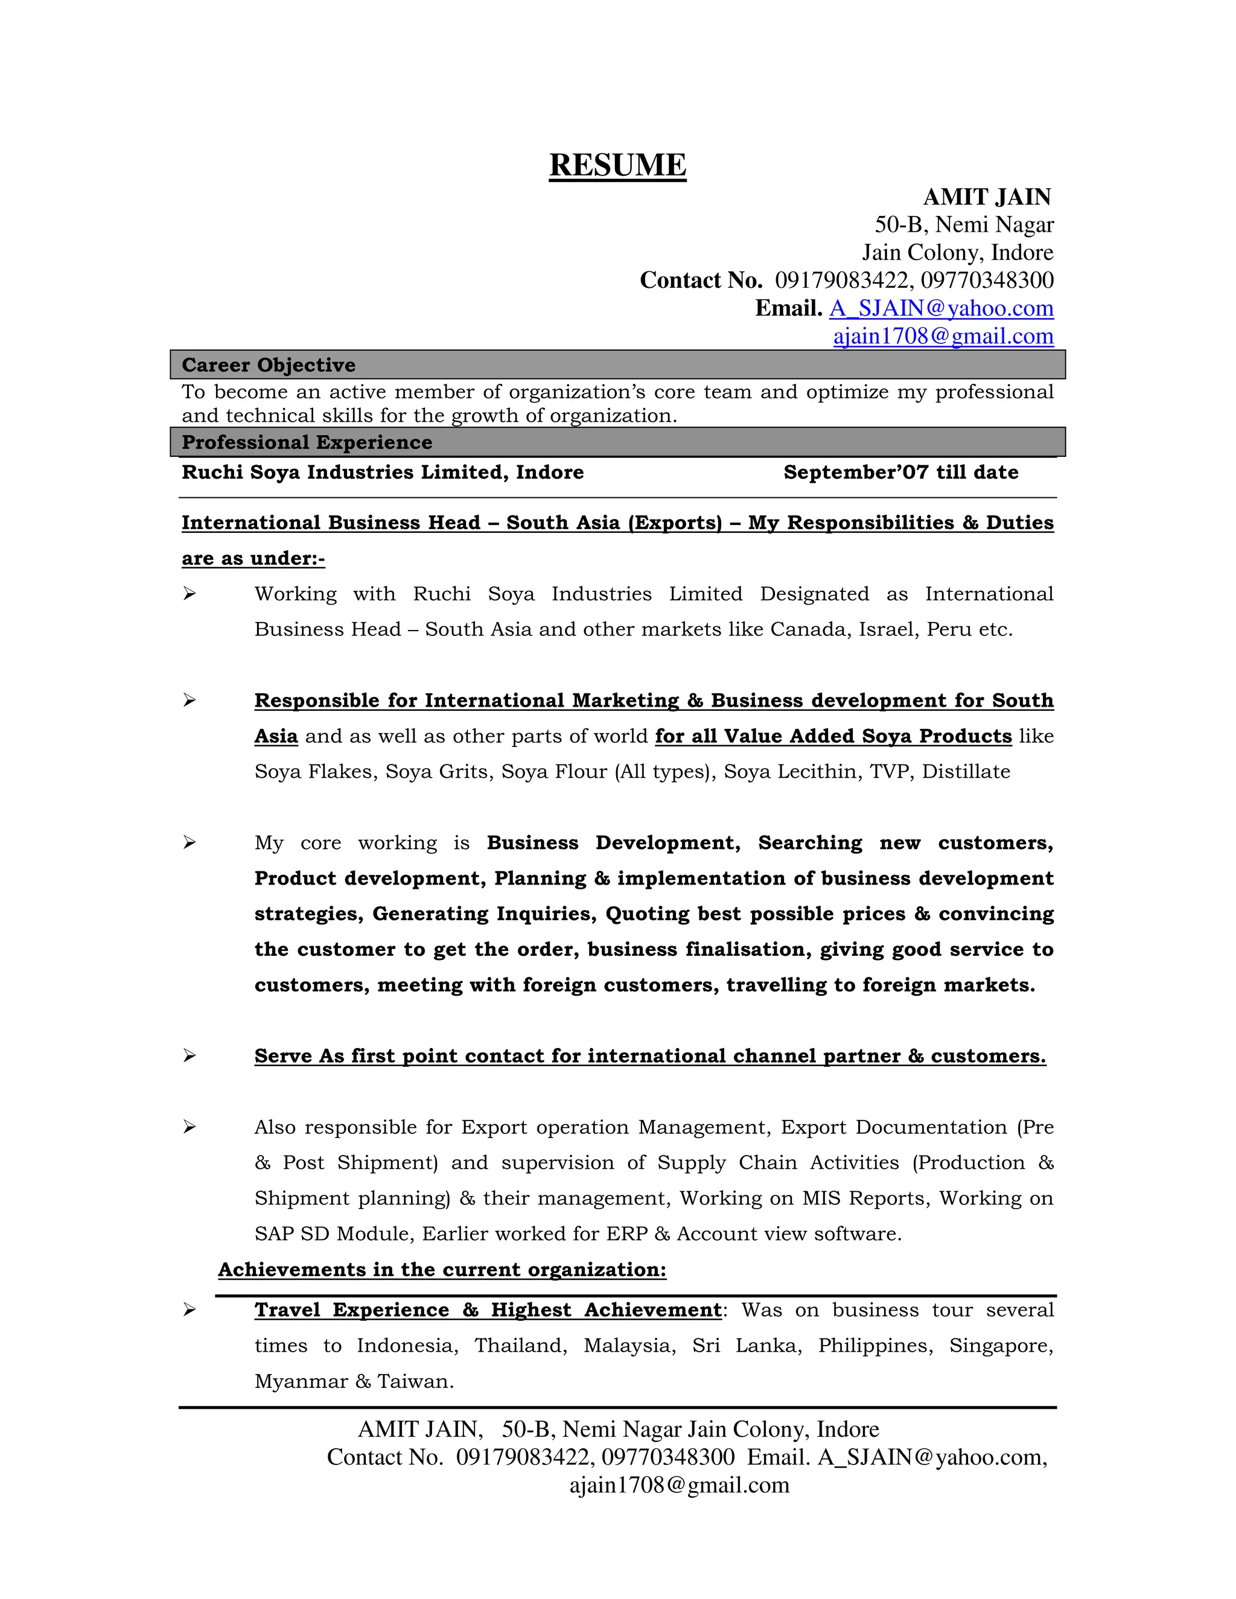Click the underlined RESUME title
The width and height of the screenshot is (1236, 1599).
pyautogui.click(x=617, y=165)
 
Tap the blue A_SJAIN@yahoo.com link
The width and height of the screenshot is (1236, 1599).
pyautogui.click(x=941, y=308)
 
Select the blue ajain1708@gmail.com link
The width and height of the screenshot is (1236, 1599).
pyautogui.click(x=943, y=336)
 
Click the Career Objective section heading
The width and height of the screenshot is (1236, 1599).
pyautogui.click(x=268, y=364)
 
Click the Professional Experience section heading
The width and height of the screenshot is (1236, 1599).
pyautogui.click(x=307, y=442)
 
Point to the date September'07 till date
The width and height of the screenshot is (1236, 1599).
pyautogui.click(x=900, y=472)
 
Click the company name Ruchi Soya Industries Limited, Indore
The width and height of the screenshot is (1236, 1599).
pyautogui.click(x=382, y=472)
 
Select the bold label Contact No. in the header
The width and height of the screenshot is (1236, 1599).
pyautogui.click(x=701, y=281)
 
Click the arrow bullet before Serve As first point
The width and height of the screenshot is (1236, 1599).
pyautogui.click(x=190, y=1056)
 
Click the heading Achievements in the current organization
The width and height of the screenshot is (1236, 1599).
pyautogui.click(x=442, y=1270)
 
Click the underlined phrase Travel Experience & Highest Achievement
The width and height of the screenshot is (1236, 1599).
pyautogui.click(x=488, y=1310)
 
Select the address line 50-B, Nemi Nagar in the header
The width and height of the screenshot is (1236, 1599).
pyautogui.click(x=964, y=225)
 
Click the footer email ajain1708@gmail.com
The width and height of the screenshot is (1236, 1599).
pyautogui.click(x=679, y=1485)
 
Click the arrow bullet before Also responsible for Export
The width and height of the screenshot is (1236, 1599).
pyautogui.click(x=190, y=1127)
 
